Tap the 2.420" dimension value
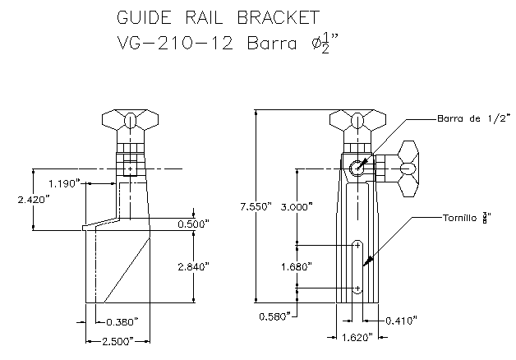pos(16,199)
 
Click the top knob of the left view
pos(130,120)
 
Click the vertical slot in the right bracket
pos(358,267)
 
